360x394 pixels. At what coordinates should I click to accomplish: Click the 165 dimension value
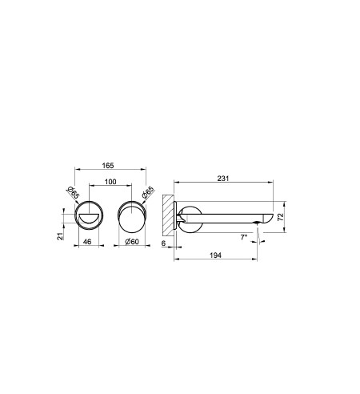[108, 166]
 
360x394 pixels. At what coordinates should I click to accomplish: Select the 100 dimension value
[110, 182]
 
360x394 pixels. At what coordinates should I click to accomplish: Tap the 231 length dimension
[223, 179]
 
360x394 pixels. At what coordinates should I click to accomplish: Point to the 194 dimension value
[215, 255]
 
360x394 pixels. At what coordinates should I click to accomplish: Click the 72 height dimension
[281, 217]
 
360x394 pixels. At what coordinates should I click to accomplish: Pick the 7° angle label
[244, 237]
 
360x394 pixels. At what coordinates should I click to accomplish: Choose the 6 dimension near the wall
[163, 243]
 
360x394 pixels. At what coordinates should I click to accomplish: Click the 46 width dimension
[87, 242]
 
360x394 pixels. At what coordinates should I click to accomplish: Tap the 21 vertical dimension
[61, 236]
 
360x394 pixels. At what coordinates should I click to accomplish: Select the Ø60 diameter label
[132, 242]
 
